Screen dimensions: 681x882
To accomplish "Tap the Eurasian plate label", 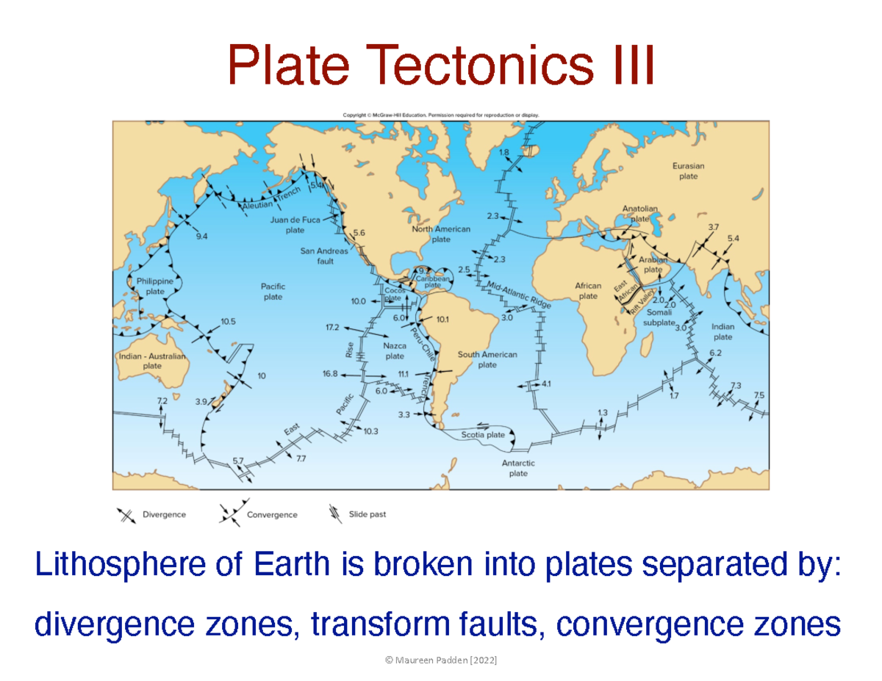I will (688, 171).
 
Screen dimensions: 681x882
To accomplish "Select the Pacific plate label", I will (273, 292).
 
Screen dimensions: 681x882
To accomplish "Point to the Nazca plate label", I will (395, 350).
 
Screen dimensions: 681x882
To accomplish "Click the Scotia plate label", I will (483, 434).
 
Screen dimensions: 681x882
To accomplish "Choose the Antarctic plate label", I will (518, 468).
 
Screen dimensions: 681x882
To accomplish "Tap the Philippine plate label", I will (155, 286).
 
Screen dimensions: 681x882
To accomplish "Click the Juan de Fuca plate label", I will (295, 224).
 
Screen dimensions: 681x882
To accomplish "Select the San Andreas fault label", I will (324, 256).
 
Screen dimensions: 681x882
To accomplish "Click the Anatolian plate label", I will (639, 213).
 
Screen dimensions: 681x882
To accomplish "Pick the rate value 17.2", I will (332, 327).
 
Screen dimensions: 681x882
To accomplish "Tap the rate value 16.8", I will (329, 373).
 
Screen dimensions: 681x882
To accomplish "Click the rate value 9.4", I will (202, 237).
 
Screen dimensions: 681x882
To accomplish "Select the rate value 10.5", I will (228, 322).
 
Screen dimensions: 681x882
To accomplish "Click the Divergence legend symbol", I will (126, 515).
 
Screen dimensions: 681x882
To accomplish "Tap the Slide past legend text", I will (367, 514).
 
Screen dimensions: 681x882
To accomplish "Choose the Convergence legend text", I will (272, 515).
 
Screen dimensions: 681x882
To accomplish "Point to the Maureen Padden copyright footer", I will (441, 661).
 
